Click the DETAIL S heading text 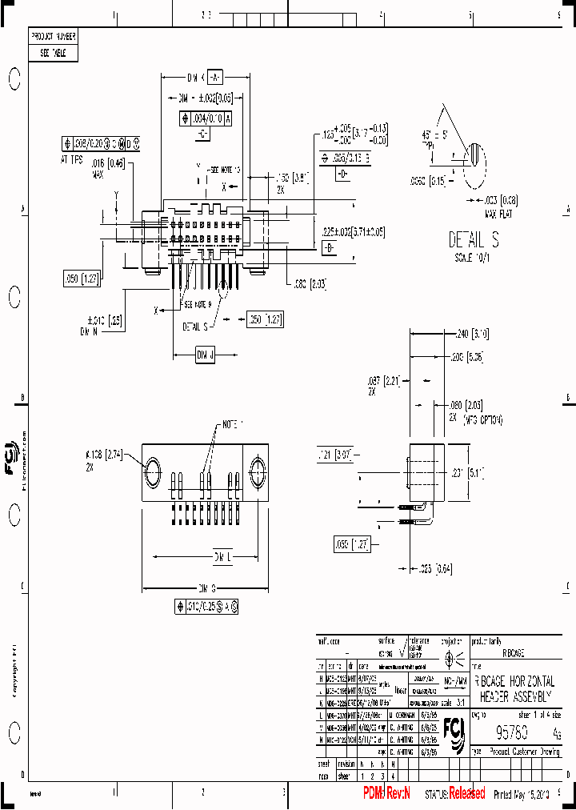pos(473,239)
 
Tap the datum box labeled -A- pos(214,78)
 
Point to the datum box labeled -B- pos(328,249)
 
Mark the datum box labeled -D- pos(342,173)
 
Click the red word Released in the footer pos(466,793)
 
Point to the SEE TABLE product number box pos(54,54)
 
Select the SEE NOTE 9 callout pos(198,304)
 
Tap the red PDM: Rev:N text pos(386,793)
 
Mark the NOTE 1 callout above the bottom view pos(233,423)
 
